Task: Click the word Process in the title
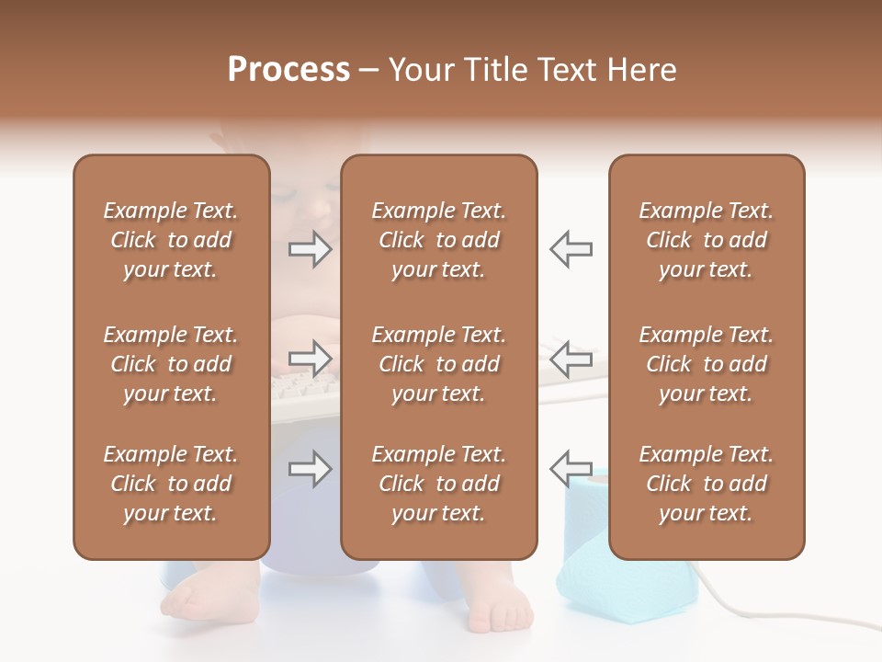[x=288, y=70]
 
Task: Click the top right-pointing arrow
[x=311, y=249]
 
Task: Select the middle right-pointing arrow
[x=311, y=359]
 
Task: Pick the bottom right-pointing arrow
[x=311, y=470]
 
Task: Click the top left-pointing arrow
[x=571, y=249]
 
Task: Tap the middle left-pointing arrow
[x=571, y=359]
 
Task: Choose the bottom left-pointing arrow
[x=571, y=468]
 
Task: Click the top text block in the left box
[x=171, y=240]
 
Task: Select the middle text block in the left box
[x=171, y=364]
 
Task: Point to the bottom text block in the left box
[x=171, y=484]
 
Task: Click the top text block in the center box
[x=438, y=240]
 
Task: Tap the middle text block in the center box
[x=438, y=364]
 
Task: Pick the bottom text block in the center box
[x=438, y=484]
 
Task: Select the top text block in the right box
[x=707, y=240]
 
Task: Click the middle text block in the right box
[x=707, y=364]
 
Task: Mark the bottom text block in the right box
[x=707, y=484]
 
